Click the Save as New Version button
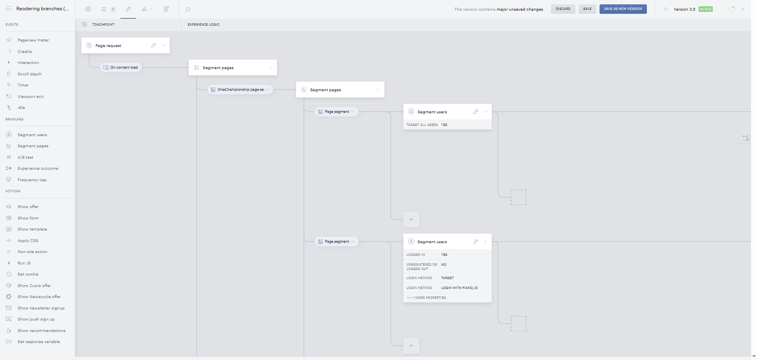pyautogui.click(x=623, y=9)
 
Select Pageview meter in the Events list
pyautogui.click(x=33, y=40)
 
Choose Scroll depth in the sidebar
pyautogui.click(x=30, y=74)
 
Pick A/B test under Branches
pyautogui.click(x=25, y=157)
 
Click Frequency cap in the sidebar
pyautogui.click(x=32, y=180)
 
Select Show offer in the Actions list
pyautogui.click(x=28, y=207)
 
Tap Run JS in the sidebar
pyautogui.click(x=24, y=263)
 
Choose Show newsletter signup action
pyautogui.click(x=41, y=308)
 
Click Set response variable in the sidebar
pyautogui.click(x=39, y=342)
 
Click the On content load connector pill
pyautogui.click(x=121, y=67)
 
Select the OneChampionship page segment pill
pyautogui.click(x=240, y=90)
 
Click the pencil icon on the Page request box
pyautogui.click(x=154, y=45)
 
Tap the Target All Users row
pyautogui.click(x=448, y=125)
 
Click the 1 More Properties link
pyautogui.click(x=427, y=298)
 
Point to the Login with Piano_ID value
pyautogui.click(x=459, y=288)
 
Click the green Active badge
pyautogui.click(x=706, y=9)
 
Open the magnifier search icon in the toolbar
pyautogui.click(x=188, y=9)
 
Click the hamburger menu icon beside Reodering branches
pyautogui.click(x=9, y=9)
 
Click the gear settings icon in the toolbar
pyautogui.click(x=88, y=9)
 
